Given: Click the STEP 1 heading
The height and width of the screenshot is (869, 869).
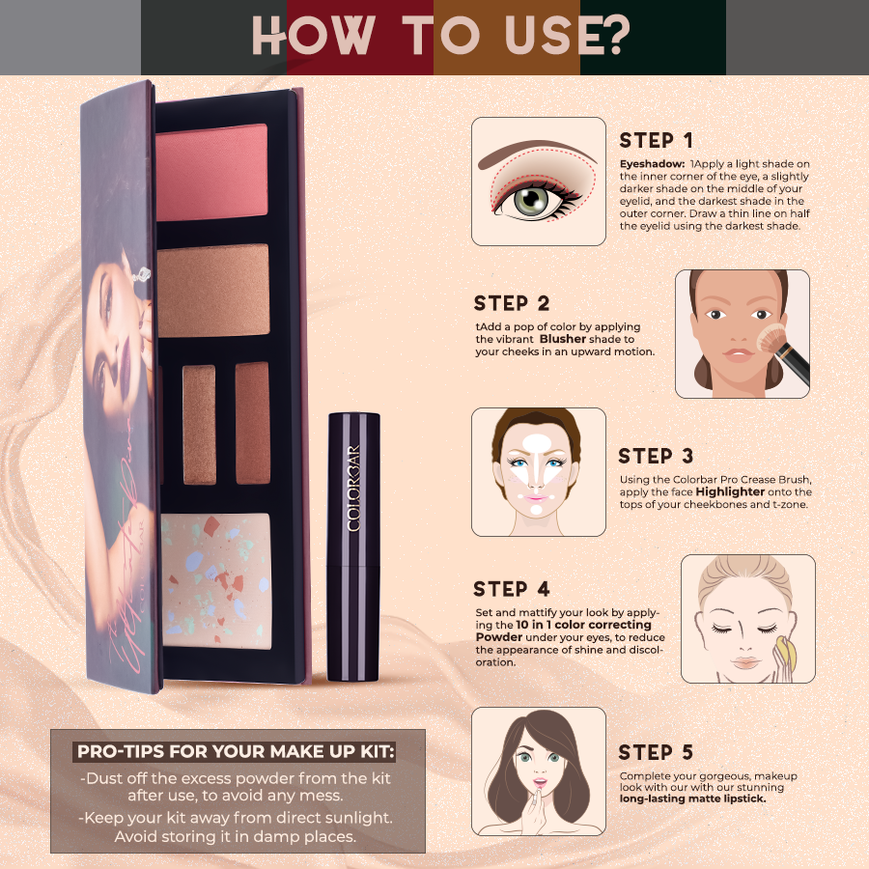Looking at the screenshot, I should (657, 141).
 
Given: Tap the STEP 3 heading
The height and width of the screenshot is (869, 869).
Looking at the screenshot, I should (656, 456).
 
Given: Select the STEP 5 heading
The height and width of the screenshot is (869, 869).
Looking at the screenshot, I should (656, 752).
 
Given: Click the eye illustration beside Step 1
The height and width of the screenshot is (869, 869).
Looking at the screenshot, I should (538, 182).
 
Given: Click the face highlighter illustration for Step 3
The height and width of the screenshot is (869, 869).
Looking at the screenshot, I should (538, 471).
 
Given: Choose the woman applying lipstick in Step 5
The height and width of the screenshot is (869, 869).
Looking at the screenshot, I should (538, 771).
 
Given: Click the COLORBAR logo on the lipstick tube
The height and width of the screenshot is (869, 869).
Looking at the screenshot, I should (353, 488).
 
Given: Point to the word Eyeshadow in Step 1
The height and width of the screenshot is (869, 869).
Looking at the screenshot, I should (652, 165).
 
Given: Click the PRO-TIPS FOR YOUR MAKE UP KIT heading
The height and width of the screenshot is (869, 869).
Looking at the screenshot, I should (237, 751).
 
